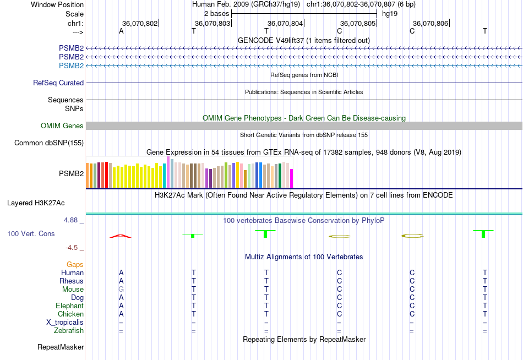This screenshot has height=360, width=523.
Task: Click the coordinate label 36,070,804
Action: [x=285, y=23]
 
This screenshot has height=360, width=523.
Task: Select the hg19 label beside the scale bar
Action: [x=389, y=13]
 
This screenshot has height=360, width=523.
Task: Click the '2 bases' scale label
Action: [x=216, y=13]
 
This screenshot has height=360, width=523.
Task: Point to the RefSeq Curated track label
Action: [x=58, y=83]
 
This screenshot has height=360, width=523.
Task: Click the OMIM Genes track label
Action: [x=62, y=126]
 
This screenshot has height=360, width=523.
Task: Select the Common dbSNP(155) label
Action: [x=48, y=143]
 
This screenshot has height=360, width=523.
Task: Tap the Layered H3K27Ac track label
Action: [x=36, y=203]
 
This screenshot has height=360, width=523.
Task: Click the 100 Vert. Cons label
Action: [x=31, y=234]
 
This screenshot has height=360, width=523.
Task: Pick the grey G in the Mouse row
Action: [x=121, y=290]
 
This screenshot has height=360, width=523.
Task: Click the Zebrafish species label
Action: [x=69, y=331]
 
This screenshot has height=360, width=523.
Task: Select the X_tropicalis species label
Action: [x=65, y=323]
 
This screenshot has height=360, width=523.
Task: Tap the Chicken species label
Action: [x=70, y=314]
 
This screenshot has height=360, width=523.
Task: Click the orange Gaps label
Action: [x=75, y=265]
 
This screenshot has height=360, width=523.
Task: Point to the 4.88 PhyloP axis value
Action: [x=73, y=220]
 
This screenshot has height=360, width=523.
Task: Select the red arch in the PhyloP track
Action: [x=121, y=236]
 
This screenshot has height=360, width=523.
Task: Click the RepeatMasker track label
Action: [x=61, y=347]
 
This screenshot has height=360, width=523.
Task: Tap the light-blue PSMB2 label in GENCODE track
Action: [x=71, y=66]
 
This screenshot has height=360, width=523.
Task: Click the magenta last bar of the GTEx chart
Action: [x=292, y=179]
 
